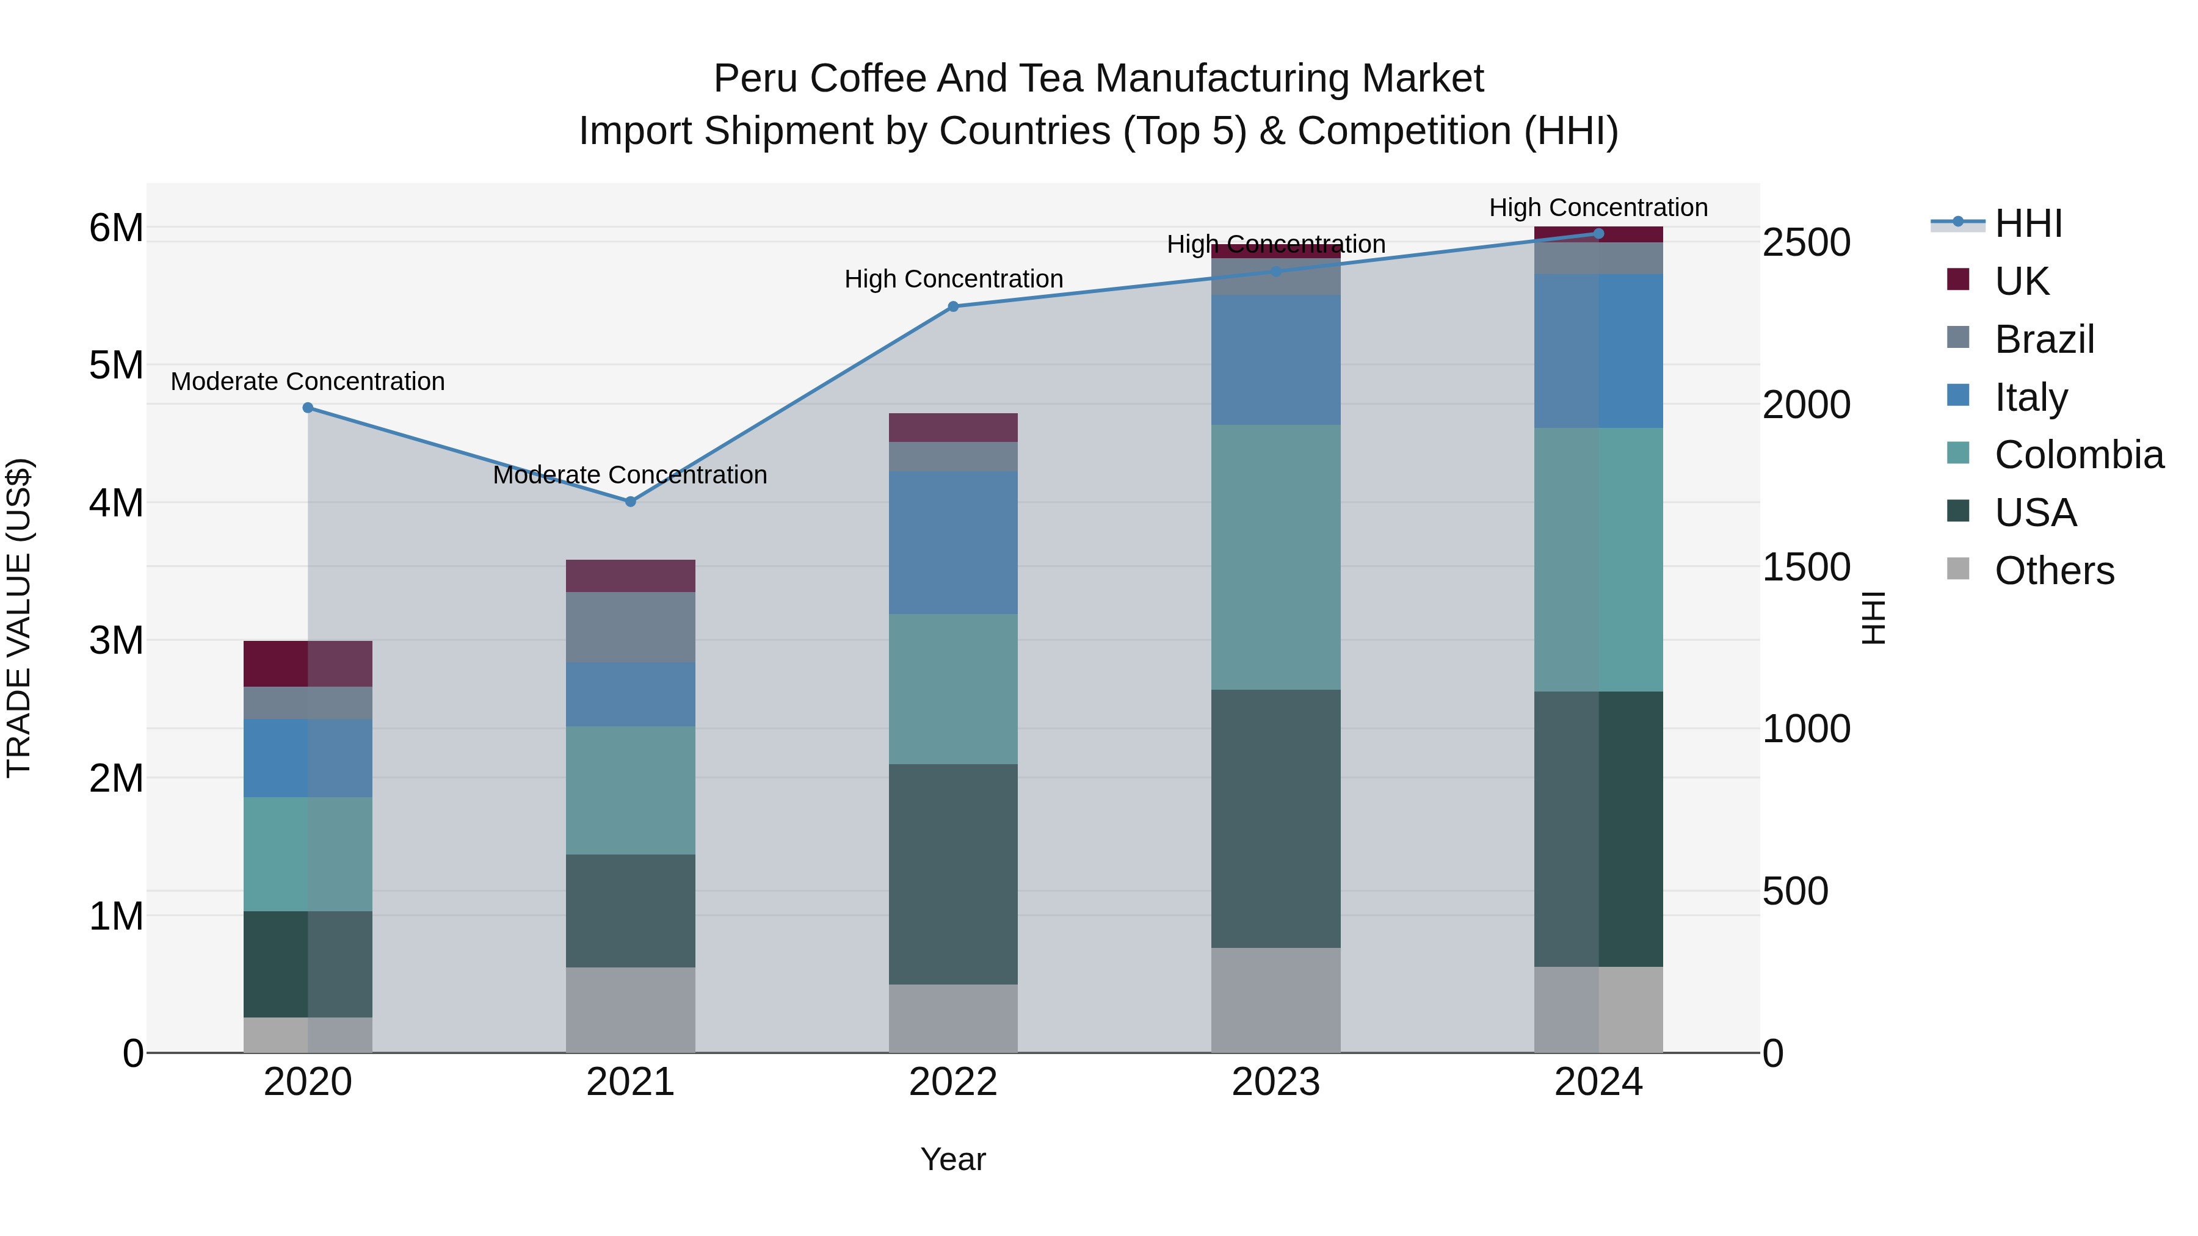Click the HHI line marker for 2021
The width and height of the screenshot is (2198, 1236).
tap(631, 502)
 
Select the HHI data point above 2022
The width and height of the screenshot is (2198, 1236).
tap(953, 306)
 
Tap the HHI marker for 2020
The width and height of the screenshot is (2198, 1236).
tap(308, 408)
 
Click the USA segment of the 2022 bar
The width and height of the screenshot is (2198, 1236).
tap(953, 873)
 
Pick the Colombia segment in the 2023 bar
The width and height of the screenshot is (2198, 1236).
tap(1275, 557)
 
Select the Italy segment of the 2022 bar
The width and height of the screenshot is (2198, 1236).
tap(953, 543)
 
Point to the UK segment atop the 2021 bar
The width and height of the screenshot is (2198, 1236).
tap(631, 576)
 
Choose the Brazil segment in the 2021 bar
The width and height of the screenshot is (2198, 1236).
tap(631, 627)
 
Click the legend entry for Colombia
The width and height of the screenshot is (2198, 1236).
tap(2078, 455)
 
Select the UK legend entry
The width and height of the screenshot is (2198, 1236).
tap(2022, 281)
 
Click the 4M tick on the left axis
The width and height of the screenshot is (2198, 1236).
tap(117, 502)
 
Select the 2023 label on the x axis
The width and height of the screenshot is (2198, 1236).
tap(1275, 1082)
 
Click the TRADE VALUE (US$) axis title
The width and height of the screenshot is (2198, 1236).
tap(19, 618)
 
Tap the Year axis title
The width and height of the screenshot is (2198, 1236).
tap(953, 1159)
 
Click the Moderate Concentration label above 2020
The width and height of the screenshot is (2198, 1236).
tap(308, 381)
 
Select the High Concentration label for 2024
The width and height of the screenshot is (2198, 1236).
tap(1598, 208)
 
